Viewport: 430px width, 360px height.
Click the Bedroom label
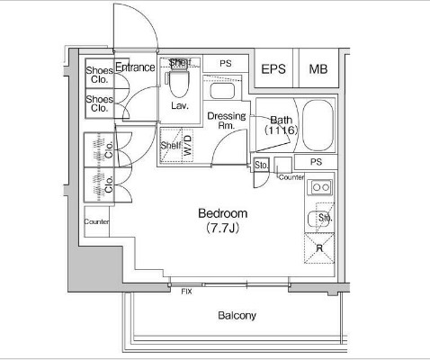click(x=223, y=213)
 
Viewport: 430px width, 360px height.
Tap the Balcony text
click(x=237, y=316)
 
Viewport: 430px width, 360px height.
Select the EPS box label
click(x=273, y=69)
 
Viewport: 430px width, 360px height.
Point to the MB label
click(x=318, y=69)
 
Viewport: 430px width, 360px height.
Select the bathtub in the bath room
click(x=318, y=125)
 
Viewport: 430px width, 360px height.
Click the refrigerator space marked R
click(x=319, y=248)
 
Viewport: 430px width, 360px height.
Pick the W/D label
click(x=187, y=145)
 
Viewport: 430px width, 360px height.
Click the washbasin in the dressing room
click(x=222, y=91)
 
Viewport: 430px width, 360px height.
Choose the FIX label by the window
click(x=186, y=292)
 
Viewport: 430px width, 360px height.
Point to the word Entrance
click(x=135, y=67)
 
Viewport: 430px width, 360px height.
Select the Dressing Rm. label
click(x=227, y=121)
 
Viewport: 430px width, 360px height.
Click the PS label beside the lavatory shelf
click(x=226, y=64)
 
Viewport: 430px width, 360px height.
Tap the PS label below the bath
click(x=316, y=162)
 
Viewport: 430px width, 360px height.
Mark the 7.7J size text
click(x=223, y=229)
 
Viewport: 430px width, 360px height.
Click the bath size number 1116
click(x=282, y=130)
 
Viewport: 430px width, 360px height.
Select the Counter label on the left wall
click(x=96, y=221)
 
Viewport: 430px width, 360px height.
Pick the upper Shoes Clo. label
click(x=100, y=75)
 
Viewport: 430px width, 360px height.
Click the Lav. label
click(x=180, y=105)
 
